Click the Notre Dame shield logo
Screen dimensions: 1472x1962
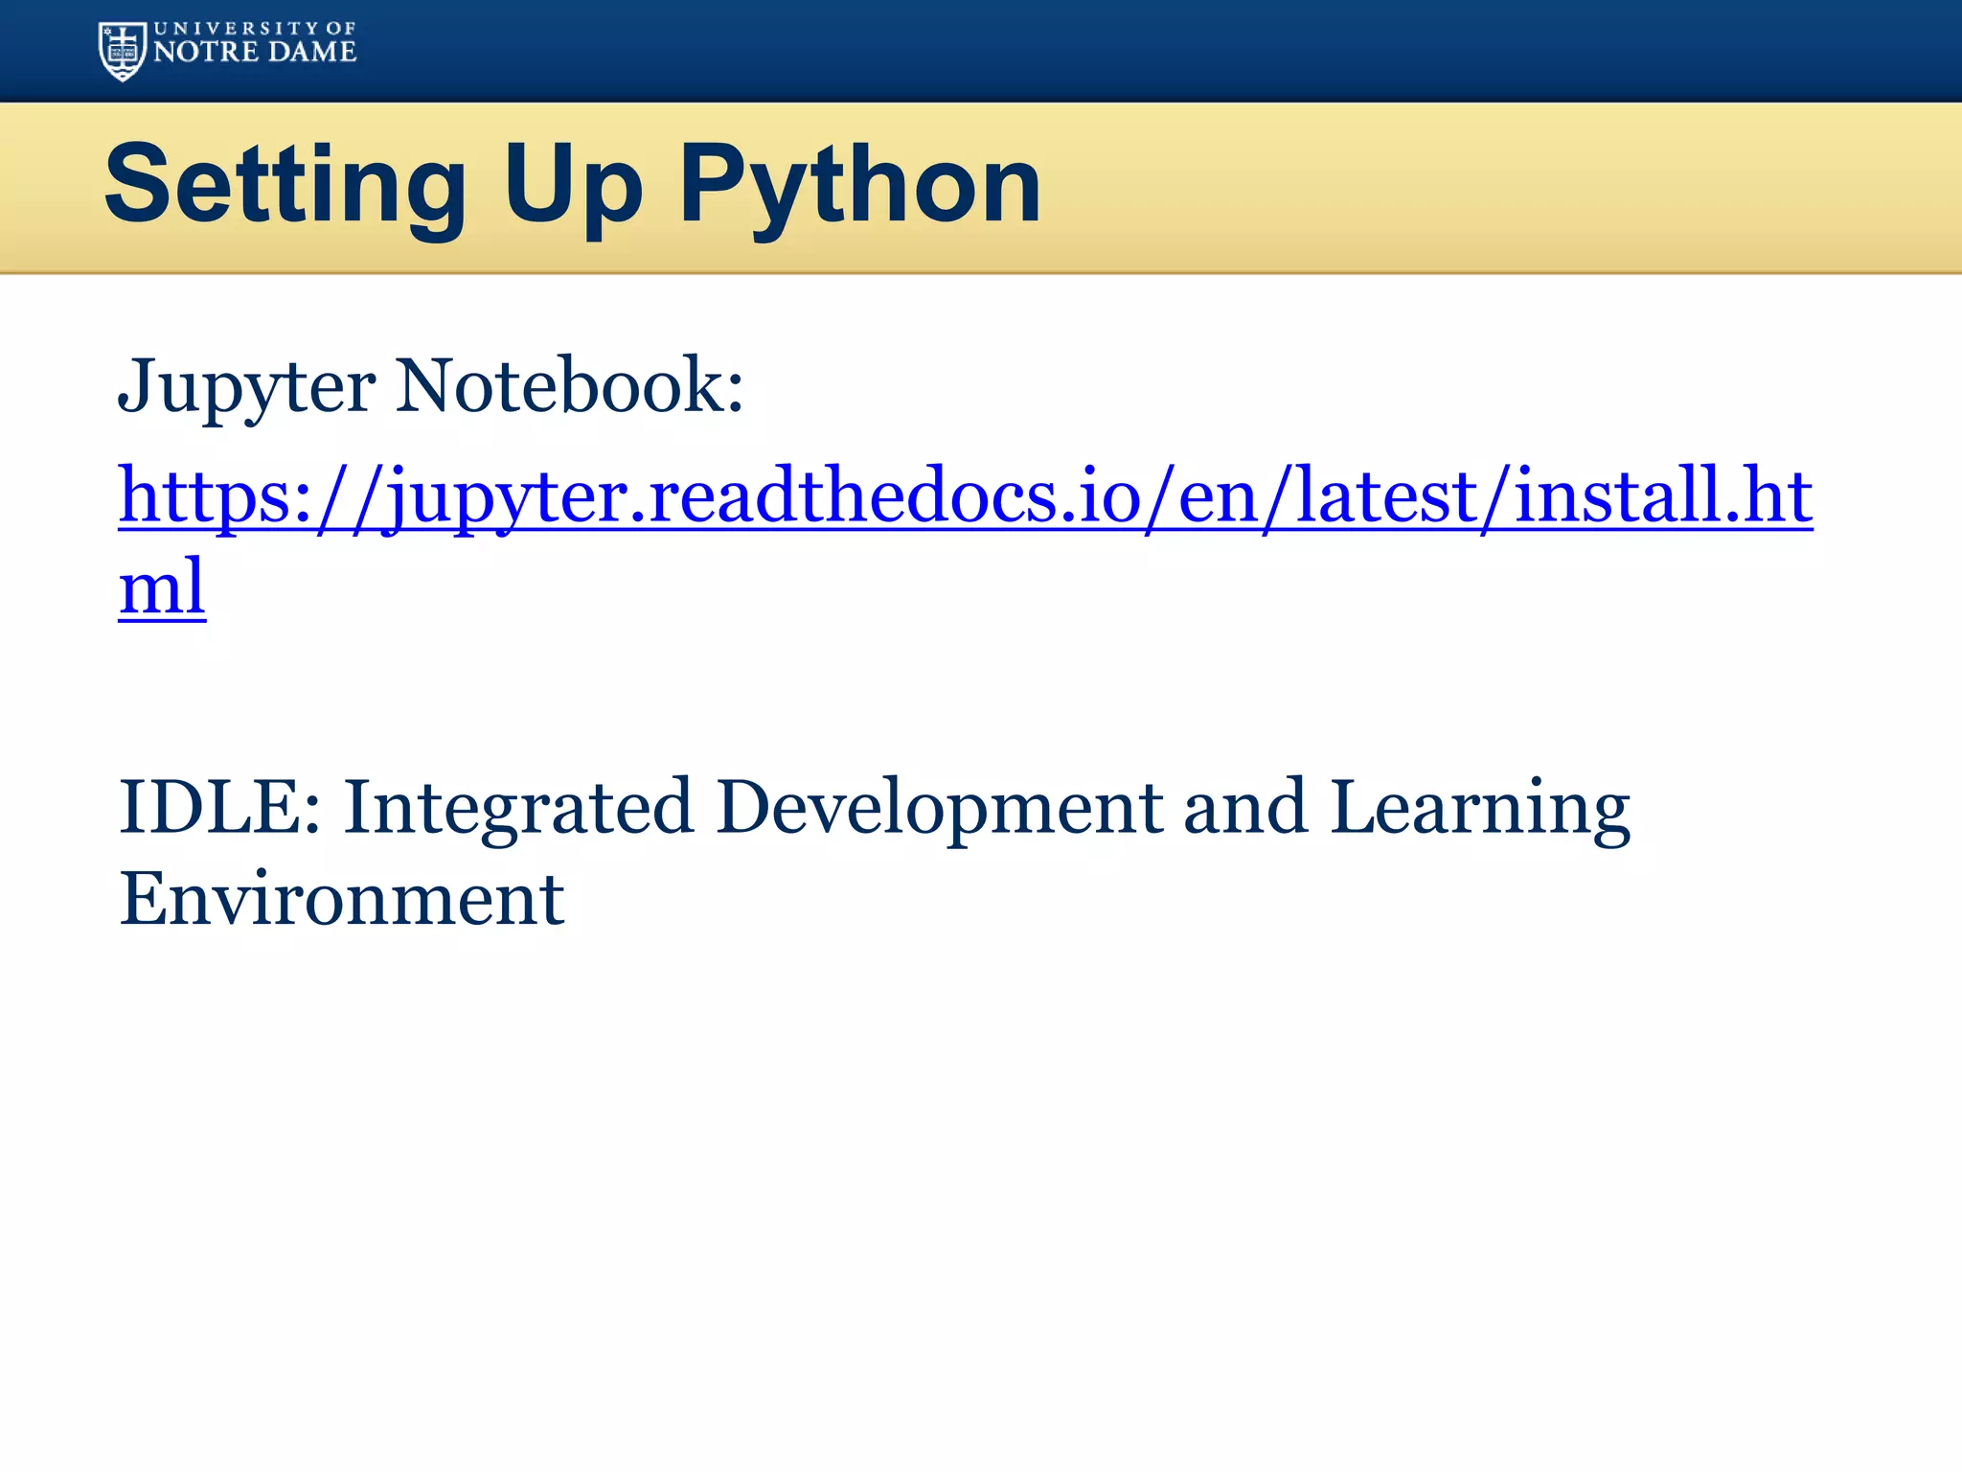pyautogui.click(x=122, y=52)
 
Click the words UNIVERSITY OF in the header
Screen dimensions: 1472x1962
pyautogui.click(x=255, y=29)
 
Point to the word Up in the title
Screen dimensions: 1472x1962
pyautogui.click(x=573, y=184)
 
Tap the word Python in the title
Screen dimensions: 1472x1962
pyautogui.click(x=859, y=184)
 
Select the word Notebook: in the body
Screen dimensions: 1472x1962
pyautogui.click(x=570, y=386)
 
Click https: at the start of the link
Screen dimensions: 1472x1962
pyautogui.click(x=217, y=495)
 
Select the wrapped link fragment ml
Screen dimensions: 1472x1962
pyautogui.click(x=162, y=586)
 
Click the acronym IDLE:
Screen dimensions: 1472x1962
pyautogui.click(x=219, y=807)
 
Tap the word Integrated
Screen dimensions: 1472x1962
pyautogui.click(x=518, y=807)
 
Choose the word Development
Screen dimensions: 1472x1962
pyautogui.click(x=940, y=807)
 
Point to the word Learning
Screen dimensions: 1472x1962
pyautogui.click(x=1480, y=807)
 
